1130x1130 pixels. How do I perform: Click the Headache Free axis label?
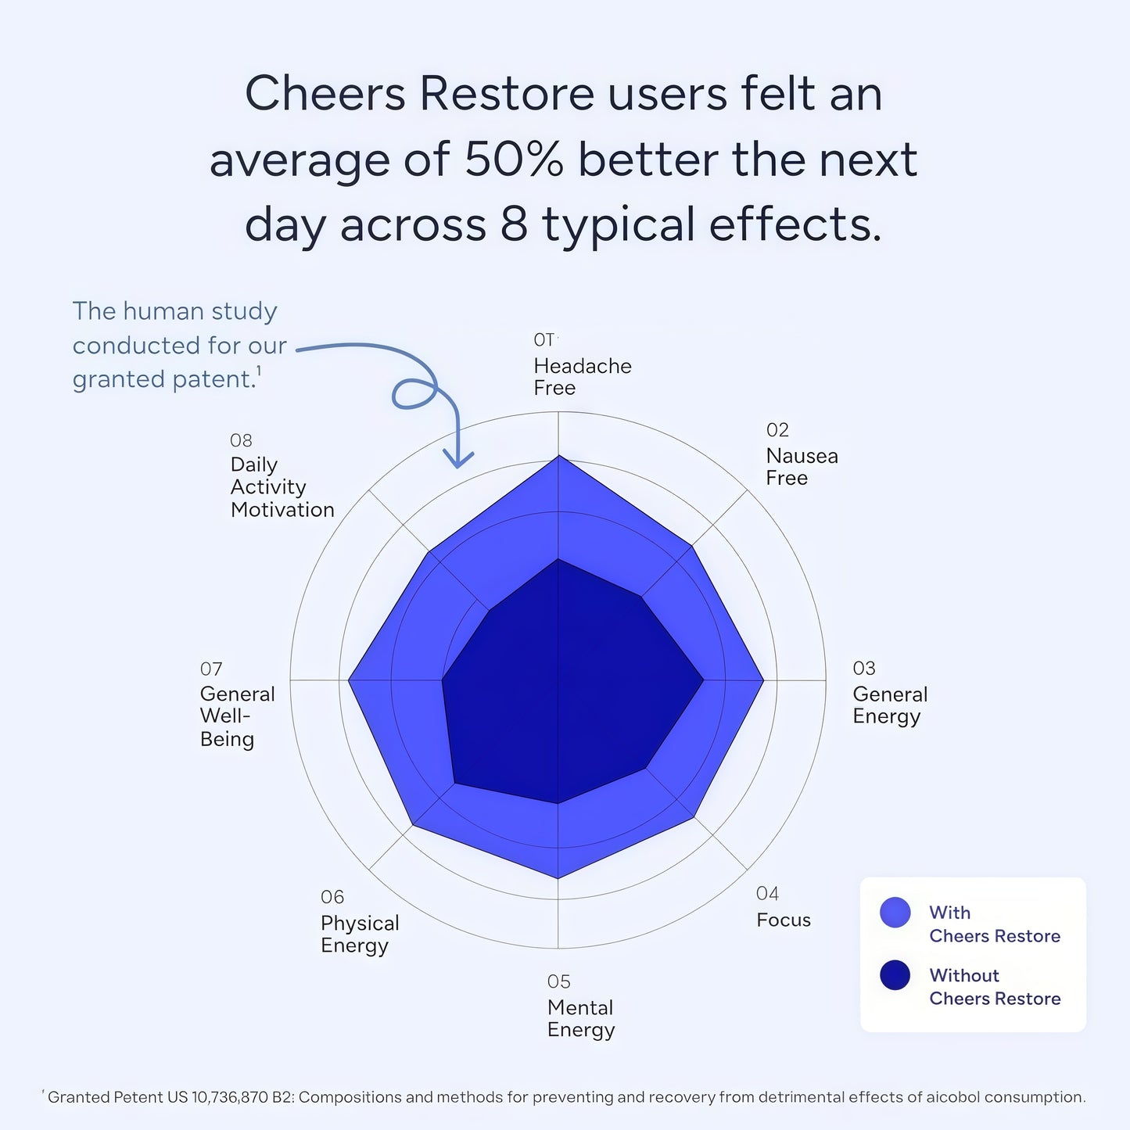(582, 377)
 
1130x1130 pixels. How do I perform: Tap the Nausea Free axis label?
(802, 467)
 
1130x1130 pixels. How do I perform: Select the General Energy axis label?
(889, 705)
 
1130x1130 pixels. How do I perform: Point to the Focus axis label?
(783, 920)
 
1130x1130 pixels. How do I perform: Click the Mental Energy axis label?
(580, 1019)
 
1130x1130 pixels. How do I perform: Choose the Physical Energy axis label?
(359, 934)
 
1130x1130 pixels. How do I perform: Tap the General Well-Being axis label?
(237, 716)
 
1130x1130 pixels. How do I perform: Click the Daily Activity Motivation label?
(282, 487)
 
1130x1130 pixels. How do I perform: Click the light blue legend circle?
(895, 913)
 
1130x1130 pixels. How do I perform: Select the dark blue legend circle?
(895, 975)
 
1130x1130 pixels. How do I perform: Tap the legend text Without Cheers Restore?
(994, 987)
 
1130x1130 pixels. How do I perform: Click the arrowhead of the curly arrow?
(458, 461)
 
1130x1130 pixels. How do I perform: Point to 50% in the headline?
(514, 160)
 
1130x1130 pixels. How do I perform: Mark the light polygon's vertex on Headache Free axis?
(558, 456)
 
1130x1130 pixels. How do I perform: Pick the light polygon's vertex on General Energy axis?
(763, 680)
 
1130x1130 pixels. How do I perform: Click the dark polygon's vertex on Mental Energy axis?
(558, 803)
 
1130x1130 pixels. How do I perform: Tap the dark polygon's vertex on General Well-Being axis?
(443, 680)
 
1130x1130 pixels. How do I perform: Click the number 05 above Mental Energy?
(558, 981)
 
